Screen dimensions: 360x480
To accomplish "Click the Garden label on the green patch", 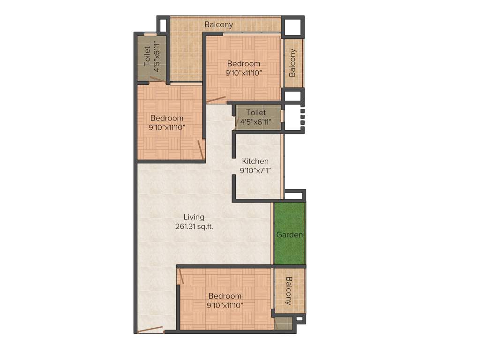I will pyautogui.click(x=289, y=235).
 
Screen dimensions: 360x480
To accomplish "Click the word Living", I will pyautogui.click(x=194, y=217).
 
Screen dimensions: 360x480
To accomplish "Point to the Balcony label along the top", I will pyautogui.click(x=218, y=24).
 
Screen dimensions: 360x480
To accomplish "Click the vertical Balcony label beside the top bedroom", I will pyautogui.click(x=292, y=63).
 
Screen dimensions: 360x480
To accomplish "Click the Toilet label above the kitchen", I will pyautogui.click(x=256, y=112).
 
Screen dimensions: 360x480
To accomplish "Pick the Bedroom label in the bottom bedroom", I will pyautogui.click(x=225, y=296).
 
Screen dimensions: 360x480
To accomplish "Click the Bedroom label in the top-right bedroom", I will pyautogui.click(x=243, y=64).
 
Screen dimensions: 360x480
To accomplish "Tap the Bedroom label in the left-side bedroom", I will pyautogui.click(x=166, y=118).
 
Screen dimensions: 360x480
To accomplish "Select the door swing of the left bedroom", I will pyautogui.click(x=201, y=150).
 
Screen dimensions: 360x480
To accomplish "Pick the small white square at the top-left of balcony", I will pyautogui.click(x=163, y=24).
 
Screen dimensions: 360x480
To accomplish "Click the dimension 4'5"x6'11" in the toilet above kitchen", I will pyautogui.click(x=256, y=122).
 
